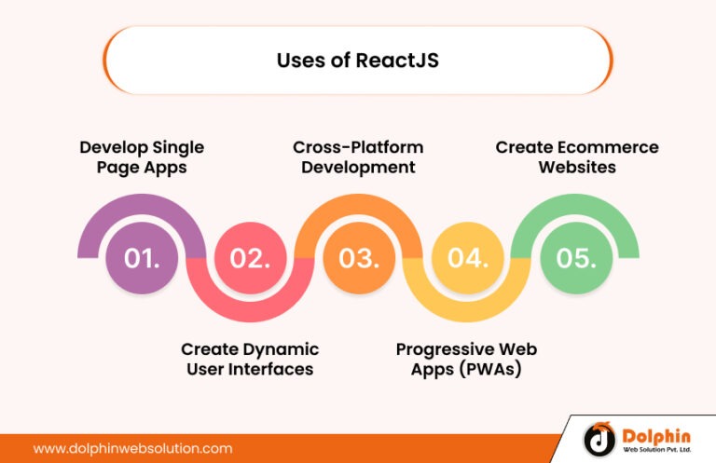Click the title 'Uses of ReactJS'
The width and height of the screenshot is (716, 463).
pos(357,61)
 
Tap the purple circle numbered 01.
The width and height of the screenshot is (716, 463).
pos(142,258)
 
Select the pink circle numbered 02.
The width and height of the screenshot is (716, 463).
pos(250,258)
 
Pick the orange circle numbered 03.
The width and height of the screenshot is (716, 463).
pos(358,258)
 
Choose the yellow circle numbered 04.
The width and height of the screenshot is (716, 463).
pos(467,258)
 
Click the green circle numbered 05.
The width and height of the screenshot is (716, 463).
pos(575,258)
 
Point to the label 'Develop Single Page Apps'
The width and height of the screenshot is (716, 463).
pos(142,157)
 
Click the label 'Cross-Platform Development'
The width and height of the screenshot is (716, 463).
pos(358,157)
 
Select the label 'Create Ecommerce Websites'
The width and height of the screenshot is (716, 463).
pos(576,157)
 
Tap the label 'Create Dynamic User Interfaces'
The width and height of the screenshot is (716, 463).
pos(250,359)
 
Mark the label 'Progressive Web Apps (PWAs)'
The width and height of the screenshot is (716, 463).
pos(466,359)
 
